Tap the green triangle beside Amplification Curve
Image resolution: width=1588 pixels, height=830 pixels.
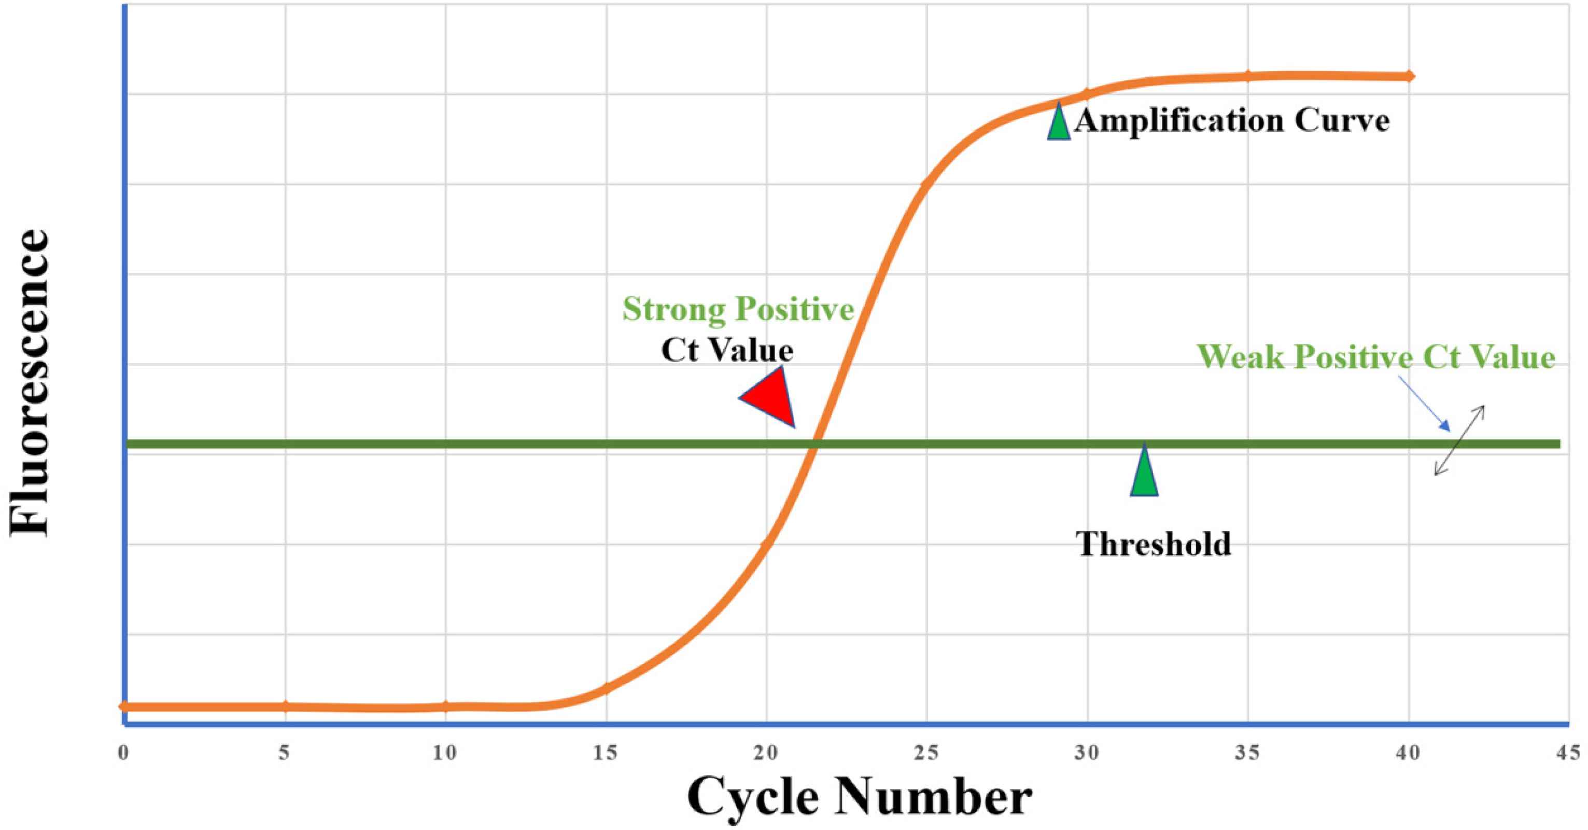tap(1059, 123)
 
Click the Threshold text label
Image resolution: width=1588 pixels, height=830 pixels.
tap(1154, 544)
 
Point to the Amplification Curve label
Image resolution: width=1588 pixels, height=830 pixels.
tap(1232, 120)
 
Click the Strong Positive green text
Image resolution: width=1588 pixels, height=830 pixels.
tap(738, 309)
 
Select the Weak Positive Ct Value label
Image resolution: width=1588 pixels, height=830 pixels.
tap(1376, 357)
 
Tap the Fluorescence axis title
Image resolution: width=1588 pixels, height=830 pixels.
tap(30, 382)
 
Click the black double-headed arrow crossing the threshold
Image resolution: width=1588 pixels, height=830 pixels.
tap(1459, 440)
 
